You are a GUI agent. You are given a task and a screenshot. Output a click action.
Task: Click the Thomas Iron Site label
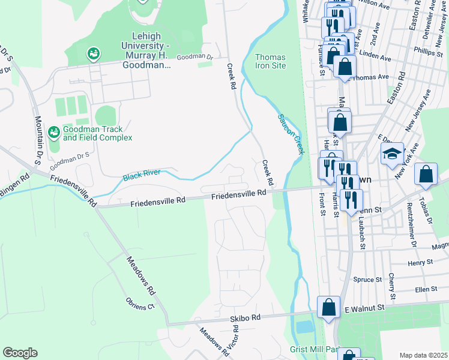pos(270,61)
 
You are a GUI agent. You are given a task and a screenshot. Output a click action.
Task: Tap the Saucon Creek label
pos(289,133)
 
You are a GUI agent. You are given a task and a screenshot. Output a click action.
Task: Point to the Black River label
pos(142,175)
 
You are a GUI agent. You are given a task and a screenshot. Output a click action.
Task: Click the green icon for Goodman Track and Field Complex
pos(53,131)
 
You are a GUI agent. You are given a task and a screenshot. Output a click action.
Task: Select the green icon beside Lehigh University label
pos(93,54)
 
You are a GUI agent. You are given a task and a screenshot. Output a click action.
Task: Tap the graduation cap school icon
pos(393,154)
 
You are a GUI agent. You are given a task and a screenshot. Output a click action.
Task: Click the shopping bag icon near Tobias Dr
pos(426,175)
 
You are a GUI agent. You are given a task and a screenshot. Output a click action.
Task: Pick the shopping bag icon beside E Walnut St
pos(329,308)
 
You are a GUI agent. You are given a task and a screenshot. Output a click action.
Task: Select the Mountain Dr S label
pos(40,142)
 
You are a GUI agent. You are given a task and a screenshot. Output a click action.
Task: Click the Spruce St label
pos(367,280)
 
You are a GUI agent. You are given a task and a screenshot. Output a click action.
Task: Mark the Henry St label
pos(420,263)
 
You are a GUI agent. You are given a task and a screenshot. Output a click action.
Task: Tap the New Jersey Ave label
pos(418,110)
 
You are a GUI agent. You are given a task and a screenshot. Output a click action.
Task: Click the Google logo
pos(20,353)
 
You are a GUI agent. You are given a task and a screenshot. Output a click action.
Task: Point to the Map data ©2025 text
pos(423,355)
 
